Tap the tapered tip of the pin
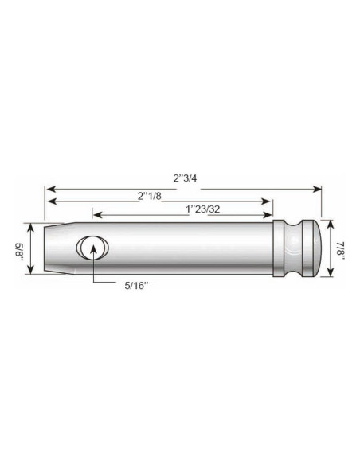tap(61, 248)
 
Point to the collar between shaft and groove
tap(284, 248)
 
